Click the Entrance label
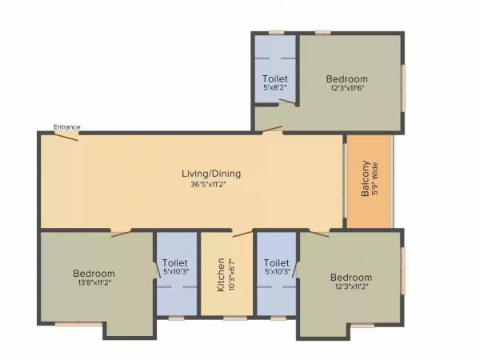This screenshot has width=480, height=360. (x=66, y=126)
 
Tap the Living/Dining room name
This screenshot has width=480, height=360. (x=211, y=173)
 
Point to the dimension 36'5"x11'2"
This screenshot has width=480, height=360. (x=211, y=183)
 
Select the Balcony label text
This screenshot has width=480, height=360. (x=365, y=180)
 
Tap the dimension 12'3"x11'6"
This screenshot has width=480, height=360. (x=346, y=88)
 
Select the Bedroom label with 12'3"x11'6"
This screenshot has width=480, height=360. (x=346, y=78)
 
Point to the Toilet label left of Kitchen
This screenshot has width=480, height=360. (x=174, y=262)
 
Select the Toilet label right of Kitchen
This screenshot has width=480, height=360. (x=275, y=262)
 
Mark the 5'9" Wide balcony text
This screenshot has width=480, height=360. (x=375, y=180)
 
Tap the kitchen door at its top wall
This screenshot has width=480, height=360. (x=241, y=234)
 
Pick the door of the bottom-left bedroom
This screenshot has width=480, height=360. (x=122, y=234)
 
